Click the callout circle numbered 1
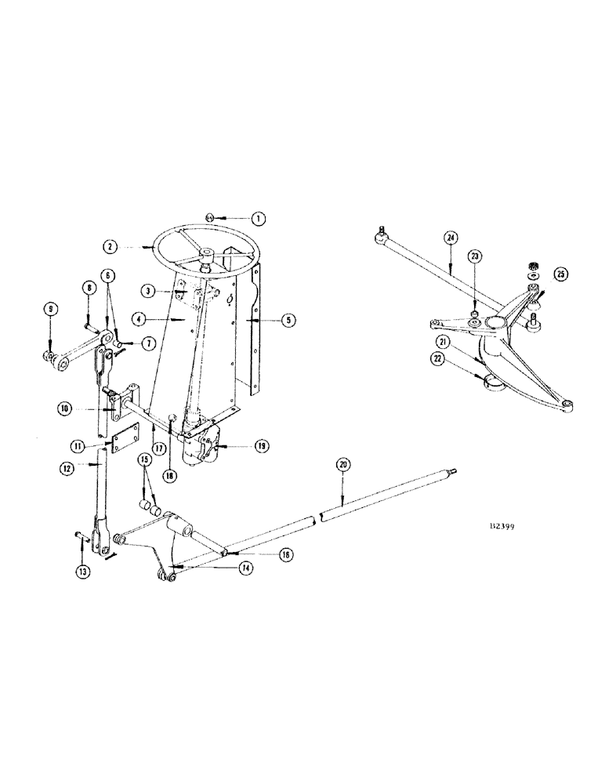(259, 219)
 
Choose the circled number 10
(64, 408)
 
